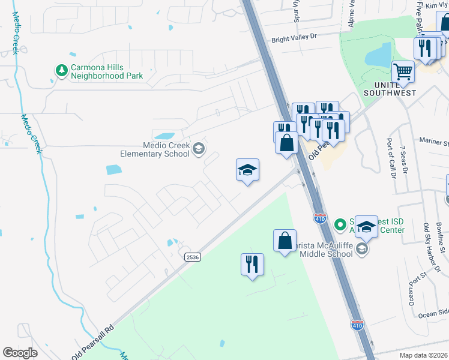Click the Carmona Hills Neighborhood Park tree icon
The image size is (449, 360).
pos(61,71)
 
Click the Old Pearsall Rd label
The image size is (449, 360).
pos(92,343)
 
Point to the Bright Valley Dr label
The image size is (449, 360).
pos(294,37)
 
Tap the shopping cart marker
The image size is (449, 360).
pos(403,72)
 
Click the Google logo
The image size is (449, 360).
pos(20,352)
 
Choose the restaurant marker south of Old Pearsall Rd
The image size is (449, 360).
pos(252,264)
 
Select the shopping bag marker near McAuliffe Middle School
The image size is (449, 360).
pos(285,241)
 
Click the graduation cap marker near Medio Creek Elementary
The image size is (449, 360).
pos(247,170)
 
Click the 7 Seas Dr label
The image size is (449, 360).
pos(404,160)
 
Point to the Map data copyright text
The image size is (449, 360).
pos(423,355)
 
